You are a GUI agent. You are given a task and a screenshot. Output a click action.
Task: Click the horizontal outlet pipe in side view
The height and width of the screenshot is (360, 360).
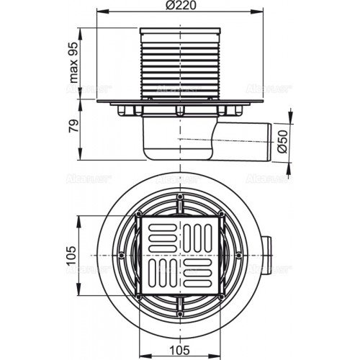click(245, 138)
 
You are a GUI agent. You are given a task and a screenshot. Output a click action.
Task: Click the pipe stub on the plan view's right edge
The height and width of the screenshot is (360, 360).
click(268, 256)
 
